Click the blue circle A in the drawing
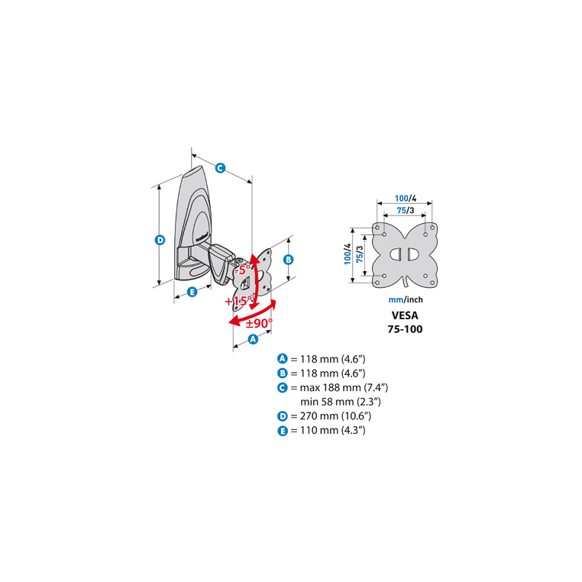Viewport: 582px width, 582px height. (x=253, y=339)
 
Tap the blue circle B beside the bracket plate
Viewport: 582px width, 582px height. (x=289, y=260)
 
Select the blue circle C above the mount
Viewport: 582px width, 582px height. (x=221, y=168)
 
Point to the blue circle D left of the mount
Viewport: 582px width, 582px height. (x=160, y=240)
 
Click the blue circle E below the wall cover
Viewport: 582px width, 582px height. (x=192, y=292)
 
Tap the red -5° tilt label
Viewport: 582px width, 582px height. (x=242, y=270)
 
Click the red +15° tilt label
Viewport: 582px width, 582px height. (x=238, y=301)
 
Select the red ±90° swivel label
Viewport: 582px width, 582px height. (x=259, y=323)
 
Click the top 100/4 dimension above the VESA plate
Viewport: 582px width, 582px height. (x=406, y=199)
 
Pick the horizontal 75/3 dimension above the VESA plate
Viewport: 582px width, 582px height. (x=406, y=210)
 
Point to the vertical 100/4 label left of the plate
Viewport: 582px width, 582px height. (x=348, y=254)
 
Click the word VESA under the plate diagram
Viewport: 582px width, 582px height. (x=405, y=315)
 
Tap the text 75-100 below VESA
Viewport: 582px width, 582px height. (x=405, y=329)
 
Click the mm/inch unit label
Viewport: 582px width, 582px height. (x=406, y=299)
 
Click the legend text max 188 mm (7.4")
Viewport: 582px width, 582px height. (x=344, y=387)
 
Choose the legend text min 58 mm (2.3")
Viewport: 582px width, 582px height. (x=341, y=402)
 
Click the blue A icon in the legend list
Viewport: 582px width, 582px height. (x=283, y=359)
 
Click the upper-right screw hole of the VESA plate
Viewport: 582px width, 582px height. (x=432, y=227)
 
